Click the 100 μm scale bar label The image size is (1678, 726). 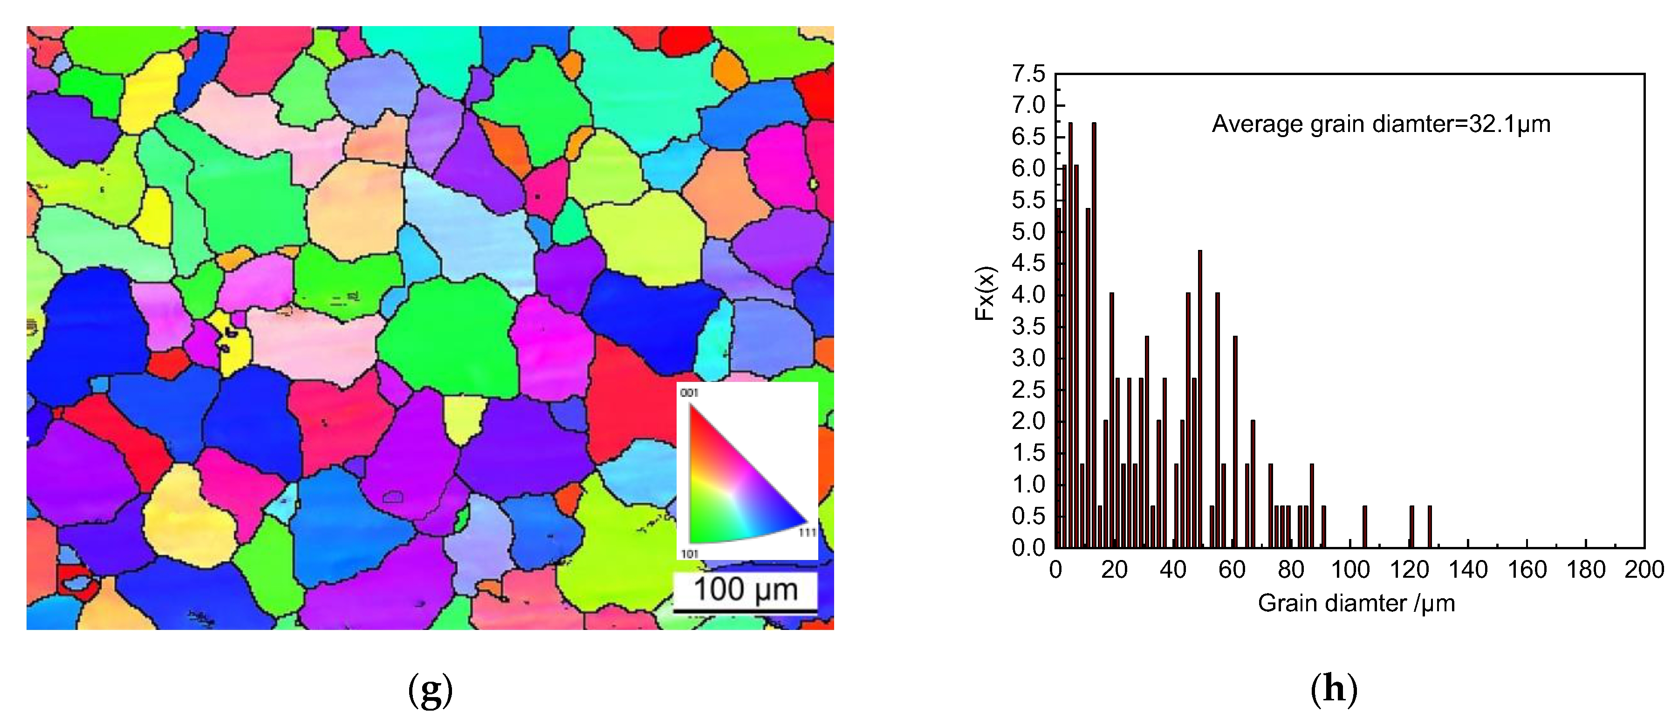tap(745, 590)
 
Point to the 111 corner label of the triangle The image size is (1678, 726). tap(807, 532)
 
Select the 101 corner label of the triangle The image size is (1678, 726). tap(689, 554)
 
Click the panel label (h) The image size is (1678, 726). tap(1334, 690)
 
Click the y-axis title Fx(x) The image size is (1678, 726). tap(985, 293)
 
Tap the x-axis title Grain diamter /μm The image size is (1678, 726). tap(1356, 603)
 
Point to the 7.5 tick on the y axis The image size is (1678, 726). tap(1028, 74)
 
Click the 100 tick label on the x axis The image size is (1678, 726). tap(1349, 570)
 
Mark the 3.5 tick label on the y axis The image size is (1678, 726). tap(1028, 326)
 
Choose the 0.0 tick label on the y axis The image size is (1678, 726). tap(1028, 547)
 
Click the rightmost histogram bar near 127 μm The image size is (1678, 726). tap(1430, 526)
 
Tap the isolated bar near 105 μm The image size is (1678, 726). tap(1365, 526)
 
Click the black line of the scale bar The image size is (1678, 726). tap(745, 611)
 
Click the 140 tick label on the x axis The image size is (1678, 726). tap(1467, 570)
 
